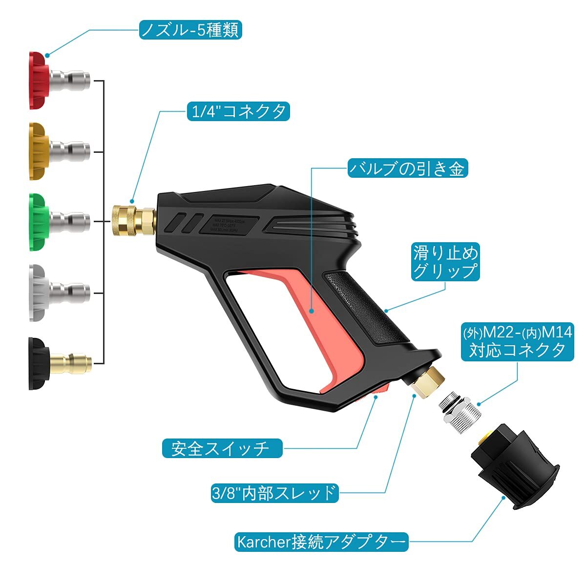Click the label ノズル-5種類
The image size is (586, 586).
[x=190, y=30]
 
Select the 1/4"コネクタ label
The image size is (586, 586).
[x=238, y=112]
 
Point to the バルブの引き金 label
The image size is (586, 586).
[x=407, y=168]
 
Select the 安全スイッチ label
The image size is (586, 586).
[x=222, y=448]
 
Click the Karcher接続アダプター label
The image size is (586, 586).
[x=321, y=542]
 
